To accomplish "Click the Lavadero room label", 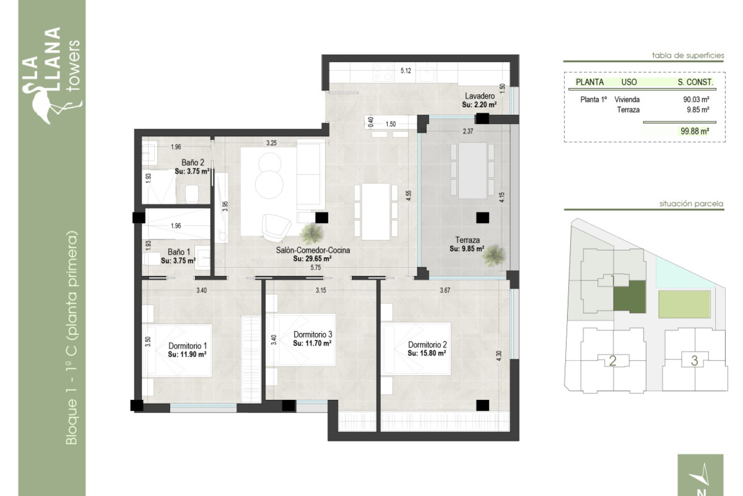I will coord(479,96).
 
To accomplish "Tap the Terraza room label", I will coord(467,240).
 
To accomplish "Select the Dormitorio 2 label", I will coord(427,345).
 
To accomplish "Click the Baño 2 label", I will coord(192,163).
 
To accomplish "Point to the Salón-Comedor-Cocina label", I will coord(313,250).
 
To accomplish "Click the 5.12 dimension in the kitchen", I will coord(406,71).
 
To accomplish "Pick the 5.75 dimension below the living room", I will coord(315,267).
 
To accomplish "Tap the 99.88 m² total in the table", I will coord(695,131).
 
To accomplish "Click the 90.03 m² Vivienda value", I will coord(696,100).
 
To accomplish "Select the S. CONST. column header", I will coord(695,82).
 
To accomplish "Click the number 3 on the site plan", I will coord(694,361).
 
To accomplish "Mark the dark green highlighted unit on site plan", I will coord(630,297).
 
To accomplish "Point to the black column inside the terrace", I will coord(482,218).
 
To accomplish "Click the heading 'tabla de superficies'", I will coord(688,55).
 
